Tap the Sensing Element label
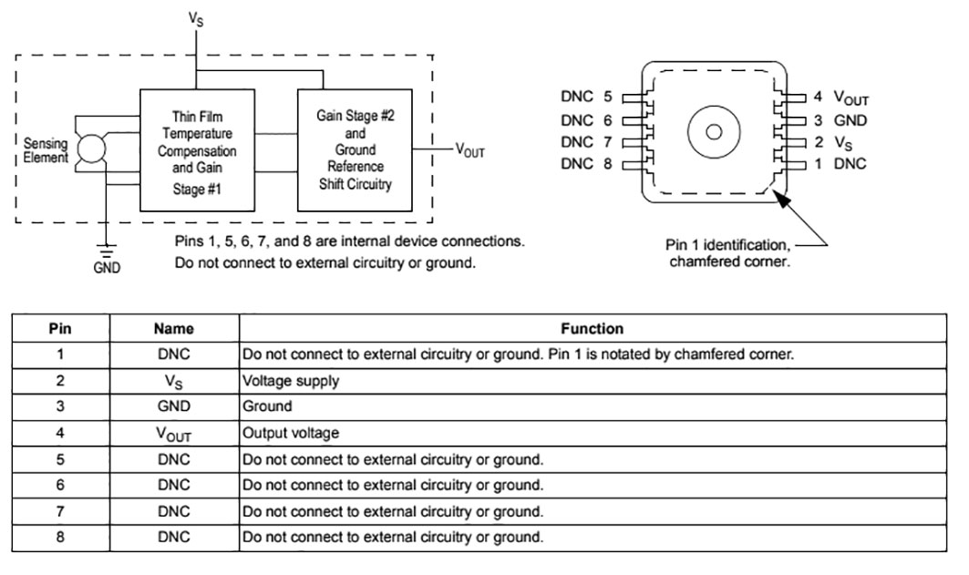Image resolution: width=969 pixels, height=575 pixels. coord(46,150)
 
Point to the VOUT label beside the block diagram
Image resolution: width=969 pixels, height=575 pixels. coord(469,151)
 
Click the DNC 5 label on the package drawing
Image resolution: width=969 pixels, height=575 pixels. coord(586,98)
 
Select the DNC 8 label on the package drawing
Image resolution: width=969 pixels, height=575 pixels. coord(586,164)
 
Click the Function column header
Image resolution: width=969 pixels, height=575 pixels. coord(593,329)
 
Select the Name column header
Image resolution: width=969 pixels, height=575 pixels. coord(174,329)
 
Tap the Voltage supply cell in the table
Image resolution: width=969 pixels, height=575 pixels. coord(291,381)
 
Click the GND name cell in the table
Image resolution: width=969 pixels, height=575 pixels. coord(174,406)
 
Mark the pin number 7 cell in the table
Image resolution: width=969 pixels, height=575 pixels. coord(60,511)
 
